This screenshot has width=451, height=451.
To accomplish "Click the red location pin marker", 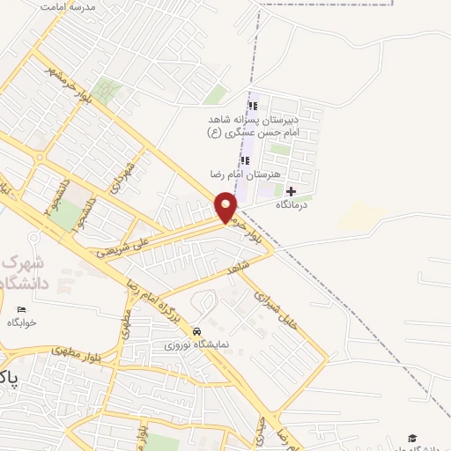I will [226, 207].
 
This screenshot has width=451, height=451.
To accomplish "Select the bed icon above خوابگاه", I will [22, 308].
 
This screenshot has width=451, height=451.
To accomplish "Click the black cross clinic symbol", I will [291, 191].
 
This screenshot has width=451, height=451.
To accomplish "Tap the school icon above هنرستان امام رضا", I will [246, 160].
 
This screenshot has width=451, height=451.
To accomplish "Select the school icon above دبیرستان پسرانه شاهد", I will [253, 107].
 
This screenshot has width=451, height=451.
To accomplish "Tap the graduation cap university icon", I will [411, 438].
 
